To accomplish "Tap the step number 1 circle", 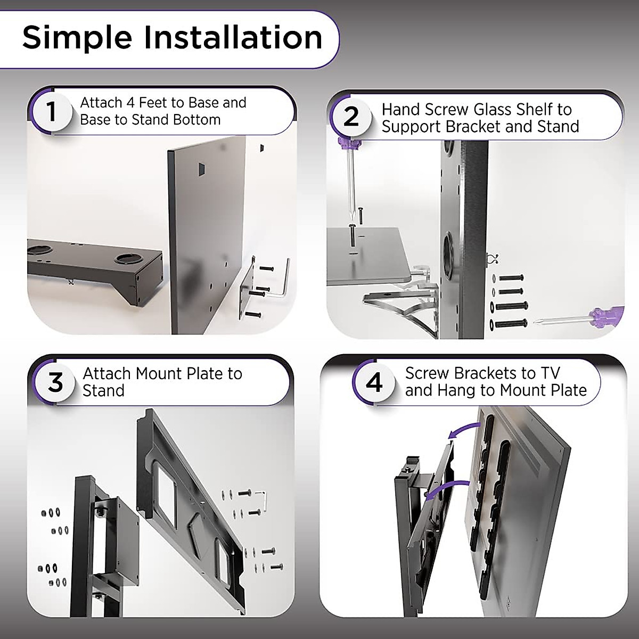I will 51,112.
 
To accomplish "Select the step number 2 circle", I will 351,117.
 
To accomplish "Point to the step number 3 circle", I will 55,383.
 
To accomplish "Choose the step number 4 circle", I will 374,382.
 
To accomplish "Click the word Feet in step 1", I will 155,103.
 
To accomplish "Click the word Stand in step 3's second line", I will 103,390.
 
